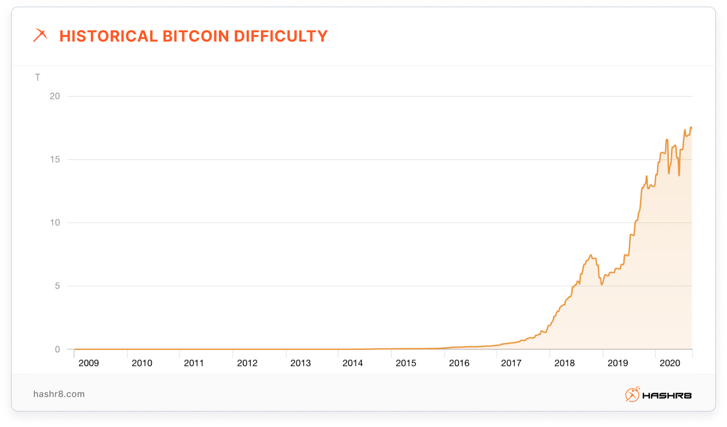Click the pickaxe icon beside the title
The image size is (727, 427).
[40, 36]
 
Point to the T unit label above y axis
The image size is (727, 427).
[38, 78]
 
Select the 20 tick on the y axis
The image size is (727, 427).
[55, 96]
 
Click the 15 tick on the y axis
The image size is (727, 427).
[55, 160]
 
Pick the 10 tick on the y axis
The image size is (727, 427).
[55, 223]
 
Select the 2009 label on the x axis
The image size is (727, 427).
[89, 363]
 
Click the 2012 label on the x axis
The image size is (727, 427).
[247, 363]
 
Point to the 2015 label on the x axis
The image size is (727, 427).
[406, 363]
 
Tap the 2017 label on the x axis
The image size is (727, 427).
[511, 363]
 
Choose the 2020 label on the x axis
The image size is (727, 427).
[670, 363]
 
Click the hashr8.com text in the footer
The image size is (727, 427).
[59, 394]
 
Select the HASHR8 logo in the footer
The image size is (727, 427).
[658, 395]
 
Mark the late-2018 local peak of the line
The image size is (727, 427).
[591, 255]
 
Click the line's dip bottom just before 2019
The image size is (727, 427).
[601, 285]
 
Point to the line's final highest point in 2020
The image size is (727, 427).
[690, 128]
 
